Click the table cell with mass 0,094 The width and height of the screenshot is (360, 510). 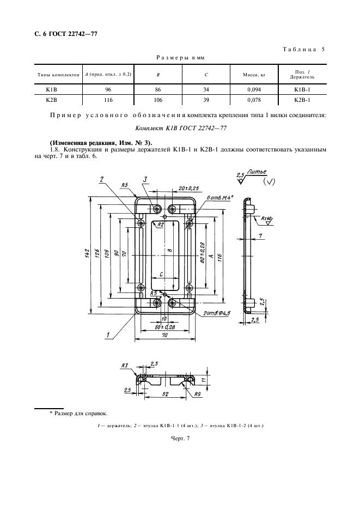[254, 89]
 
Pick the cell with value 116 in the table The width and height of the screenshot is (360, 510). [108, 100]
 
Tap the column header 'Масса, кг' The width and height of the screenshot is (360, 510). [254, 75]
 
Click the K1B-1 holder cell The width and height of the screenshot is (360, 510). [302, 89]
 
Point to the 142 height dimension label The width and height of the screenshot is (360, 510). [87, 253]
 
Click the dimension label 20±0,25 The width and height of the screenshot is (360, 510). [189, 188]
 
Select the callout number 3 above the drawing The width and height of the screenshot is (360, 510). [145, 179]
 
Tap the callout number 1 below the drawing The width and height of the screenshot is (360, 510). [107, 335]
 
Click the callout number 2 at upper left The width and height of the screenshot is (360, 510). [102, 179]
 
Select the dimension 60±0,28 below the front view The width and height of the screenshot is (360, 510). [165, 327]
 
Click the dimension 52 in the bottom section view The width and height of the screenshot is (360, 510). [165, 394]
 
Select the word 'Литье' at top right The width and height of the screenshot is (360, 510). [257, 172]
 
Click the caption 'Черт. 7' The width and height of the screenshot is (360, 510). [180, 438]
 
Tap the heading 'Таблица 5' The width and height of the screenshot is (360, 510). [303, 50]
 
